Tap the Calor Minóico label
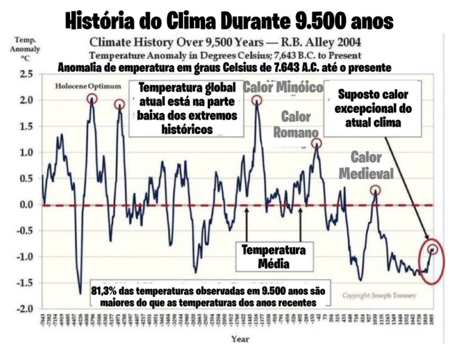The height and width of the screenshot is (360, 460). (283, 87)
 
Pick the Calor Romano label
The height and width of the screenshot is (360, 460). (296, 124)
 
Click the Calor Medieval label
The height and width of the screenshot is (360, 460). (366, 165)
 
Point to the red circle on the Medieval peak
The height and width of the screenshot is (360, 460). (376, 190)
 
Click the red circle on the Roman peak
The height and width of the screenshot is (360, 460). (317, 144)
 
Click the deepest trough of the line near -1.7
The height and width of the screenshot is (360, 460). (80, 293)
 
